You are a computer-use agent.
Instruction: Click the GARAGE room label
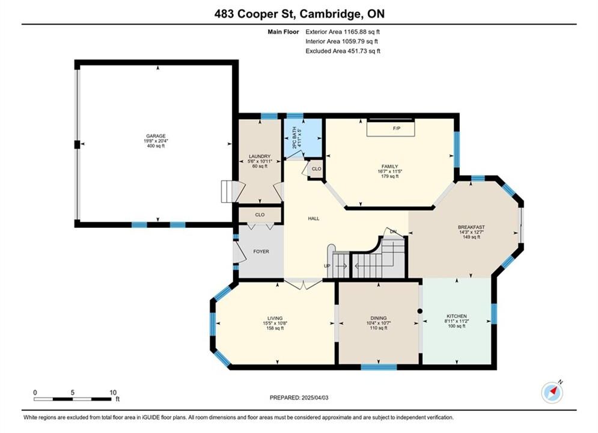[156, 136]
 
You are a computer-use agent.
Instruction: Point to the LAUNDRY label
[260, 156]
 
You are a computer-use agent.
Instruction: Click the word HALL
[314, 218]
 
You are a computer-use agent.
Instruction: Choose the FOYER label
[261, 251]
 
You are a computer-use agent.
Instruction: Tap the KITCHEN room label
[457, 316]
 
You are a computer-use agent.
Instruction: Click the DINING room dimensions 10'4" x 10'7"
[378, 323]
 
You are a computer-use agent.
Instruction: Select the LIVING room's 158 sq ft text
[275, 328]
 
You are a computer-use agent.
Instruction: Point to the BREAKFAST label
[471, 227]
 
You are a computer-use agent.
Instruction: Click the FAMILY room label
[390, 167]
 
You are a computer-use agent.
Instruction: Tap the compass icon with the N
[552, 392]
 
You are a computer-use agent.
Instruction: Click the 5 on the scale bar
[73, 393]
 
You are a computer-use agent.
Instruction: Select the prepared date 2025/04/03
[315, 398]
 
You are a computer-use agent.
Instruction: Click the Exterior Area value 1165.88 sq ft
[362, 32]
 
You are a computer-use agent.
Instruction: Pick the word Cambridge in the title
[331, 14]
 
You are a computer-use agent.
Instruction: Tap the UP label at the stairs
[327, 266]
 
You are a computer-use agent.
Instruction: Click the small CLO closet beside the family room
[316, 168]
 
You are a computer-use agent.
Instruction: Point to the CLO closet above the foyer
[260, 215]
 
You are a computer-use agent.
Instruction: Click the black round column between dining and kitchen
[420, 312]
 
